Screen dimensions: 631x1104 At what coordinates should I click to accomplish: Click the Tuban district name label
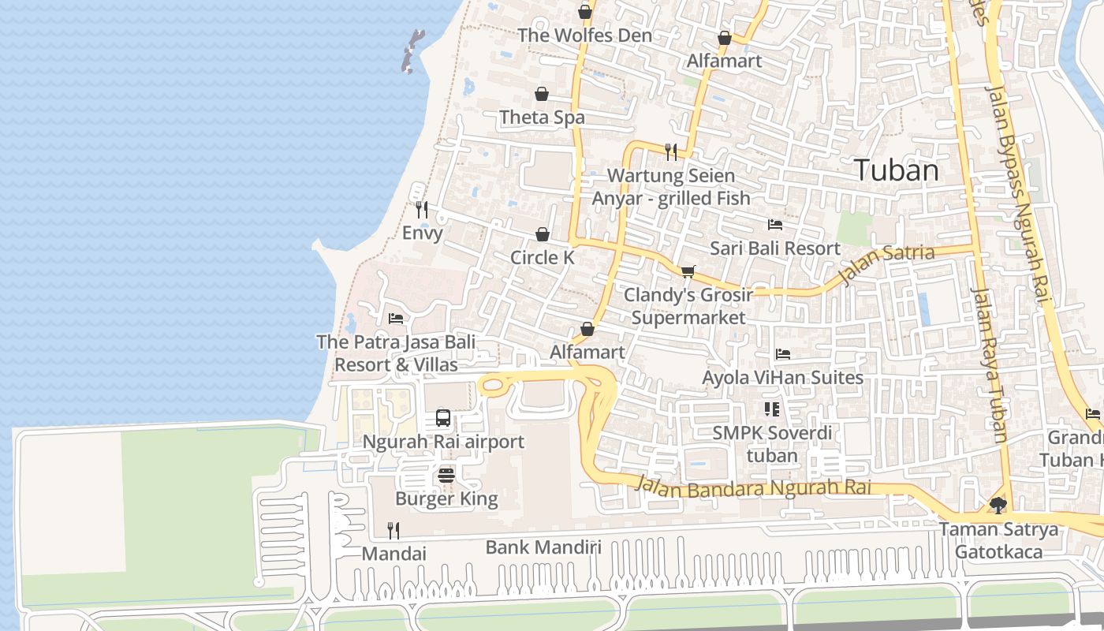click(x=897, y=170)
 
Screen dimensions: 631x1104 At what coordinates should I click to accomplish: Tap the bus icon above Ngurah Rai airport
click(x=443, y=418)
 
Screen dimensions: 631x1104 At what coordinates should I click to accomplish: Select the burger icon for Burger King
click(x=446, y=476)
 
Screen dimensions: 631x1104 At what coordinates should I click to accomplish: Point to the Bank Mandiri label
click(x=543, y=547)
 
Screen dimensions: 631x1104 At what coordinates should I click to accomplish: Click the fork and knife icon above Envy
click(x=422, y=210)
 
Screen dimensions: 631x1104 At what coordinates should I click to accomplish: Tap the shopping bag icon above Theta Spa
click(x=542, y=95)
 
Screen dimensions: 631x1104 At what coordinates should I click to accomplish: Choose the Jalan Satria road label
click(x=888, y=263)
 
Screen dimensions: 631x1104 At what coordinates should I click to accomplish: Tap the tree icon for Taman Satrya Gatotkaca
click(x=998, y=506)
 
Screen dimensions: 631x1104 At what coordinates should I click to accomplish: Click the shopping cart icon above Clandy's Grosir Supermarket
click(x=688, y=272)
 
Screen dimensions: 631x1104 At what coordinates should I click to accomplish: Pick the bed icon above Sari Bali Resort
click(x=775, y=225)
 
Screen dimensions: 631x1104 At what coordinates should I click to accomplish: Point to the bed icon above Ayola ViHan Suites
click(x=782, y=354)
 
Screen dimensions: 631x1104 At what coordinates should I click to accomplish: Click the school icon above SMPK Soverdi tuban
click(x=771, y=409)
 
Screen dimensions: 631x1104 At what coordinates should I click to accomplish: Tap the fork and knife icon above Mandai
click(x=393, y=530)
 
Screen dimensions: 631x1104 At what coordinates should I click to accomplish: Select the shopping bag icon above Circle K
click(x=543, y=235)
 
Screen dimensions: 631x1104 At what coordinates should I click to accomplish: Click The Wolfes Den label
click(x=584, y=35)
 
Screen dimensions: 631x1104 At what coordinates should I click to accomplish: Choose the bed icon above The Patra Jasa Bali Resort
click(x=396, y=319)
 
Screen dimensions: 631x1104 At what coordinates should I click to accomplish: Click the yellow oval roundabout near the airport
click(x=493, y=386)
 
